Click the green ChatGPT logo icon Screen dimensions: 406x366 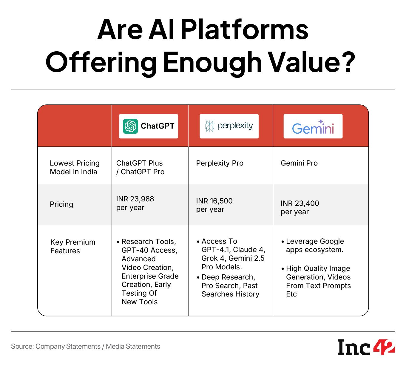coord(131,126)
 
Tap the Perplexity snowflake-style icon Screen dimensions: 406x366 coord(209,126)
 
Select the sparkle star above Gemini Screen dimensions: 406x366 coord(321,121)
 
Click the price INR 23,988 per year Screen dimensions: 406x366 coord(135,203)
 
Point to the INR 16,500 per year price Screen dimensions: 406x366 coord(214,205)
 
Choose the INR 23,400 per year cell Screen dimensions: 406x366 coord(300,208)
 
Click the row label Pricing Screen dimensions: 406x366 coord(61,204)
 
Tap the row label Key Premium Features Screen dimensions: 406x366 coord(73,246)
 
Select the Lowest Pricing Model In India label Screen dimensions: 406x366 coord(75,167)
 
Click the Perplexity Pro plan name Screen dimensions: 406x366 coord(220,163)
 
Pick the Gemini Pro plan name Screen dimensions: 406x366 coord(299,163)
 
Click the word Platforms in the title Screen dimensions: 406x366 coord(244,29)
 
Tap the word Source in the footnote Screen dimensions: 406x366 coord(22,346)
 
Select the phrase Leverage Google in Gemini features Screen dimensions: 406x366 coord(315,241)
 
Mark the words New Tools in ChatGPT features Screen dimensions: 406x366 coord(139,302)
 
